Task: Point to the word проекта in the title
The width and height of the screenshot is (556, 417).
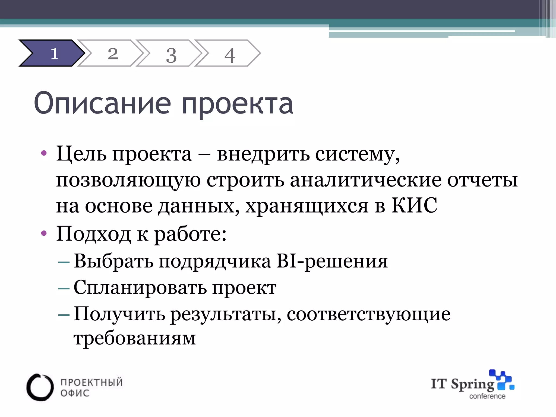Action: click(237, 105)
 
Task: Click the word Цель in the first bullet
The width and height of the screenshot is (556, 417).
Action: click(81, 154)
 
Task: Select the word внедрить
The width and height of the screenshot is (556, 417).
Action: click(263, 154)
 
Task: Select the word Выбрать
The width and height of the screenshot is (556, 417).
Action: click(113, 261)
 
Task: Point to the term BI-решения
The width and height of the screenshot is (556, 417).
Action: click(332, 261)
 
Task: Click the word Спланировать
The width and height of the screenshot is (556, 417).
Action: click(140, 288)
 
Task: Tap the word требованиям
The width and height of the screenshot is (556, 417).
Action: click(134, 338)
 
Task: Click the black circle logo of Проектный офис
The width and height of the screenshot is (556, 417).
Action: click(40, 387)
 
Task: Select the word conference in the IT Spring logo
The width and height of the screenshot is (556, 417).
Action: click(487, 396)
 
